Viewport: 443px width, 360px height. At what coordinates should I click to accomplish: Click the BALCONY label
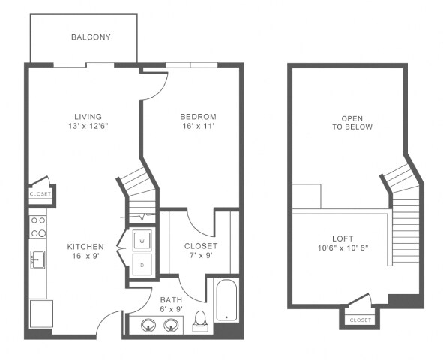pyautogui.click(x=91, y=37)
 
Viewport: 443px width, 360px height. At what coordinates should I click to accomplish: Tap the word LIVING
pyautogui.click(x=88, y=116)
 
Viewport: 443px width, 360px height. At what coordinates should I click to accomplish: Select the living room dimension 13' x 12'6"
pyautogui.click(x=88, y=126)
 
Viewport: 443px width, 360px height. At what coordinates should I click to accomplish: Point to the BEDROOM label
pyautogui.click(x=198, y=117)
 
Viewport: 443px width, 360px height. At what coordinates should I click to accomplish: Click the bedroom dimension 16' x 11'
pyautogui.click(x=198, y=127)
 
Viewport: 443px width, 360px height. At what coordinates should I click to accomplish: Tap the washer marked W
pyautogui.click(x=141, y=241)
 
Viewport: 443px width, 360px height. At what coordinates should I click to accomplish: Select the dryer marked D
pyautogui.click(x=141, y=264)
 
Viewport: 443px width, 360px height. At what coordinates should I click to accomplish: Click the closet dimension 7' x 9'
pyautogui.click(x=201, y=256)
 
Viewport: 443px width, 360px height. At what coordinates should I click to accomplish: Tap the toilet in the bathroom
pyautogui.click(x=200, y=321)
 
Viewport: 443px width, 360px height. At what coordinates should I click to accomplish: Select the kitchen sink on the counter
pyautogui.click(x=37, y=259)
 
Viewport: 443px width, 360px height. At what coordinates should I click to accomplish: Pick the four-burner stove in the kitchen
pyautogui.click(x=37, y=226)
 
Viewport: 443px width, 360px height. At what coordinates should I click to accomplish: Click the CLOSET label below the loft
pyautogui.click(x=360, y=320)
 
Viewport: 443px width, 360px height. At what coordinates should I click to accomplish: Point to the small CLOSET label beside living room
pyautogui.click(x=40, y=194)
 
